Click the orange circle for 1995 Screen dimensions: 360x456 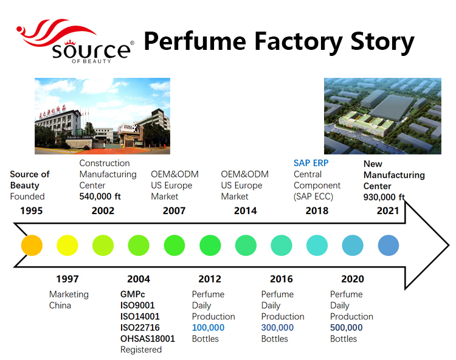tap(32, 245)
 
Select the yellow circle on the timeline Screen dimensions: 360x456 tap(67, 245)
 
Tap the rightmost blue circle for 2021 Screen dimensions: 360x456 tap(388, 245)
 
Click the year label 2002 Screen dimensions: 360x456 tap(102, 210)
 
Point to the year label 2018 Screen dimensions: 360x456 tap(317, 210)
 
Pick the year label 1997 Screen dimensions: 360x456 tap(67, 279)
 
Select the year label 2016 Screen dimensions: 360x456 tap(281, 279)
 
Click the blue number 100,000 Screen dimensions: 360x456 tap(208, 327)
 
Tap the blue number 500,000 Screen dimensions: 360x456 tap(346, 327)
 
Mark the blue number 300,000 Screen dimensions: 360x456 tap(277, 327)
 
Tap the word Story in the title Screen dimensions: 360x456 tap(376, 42)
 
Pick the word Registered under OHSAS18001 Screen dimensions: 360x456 tap(141, 350)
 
